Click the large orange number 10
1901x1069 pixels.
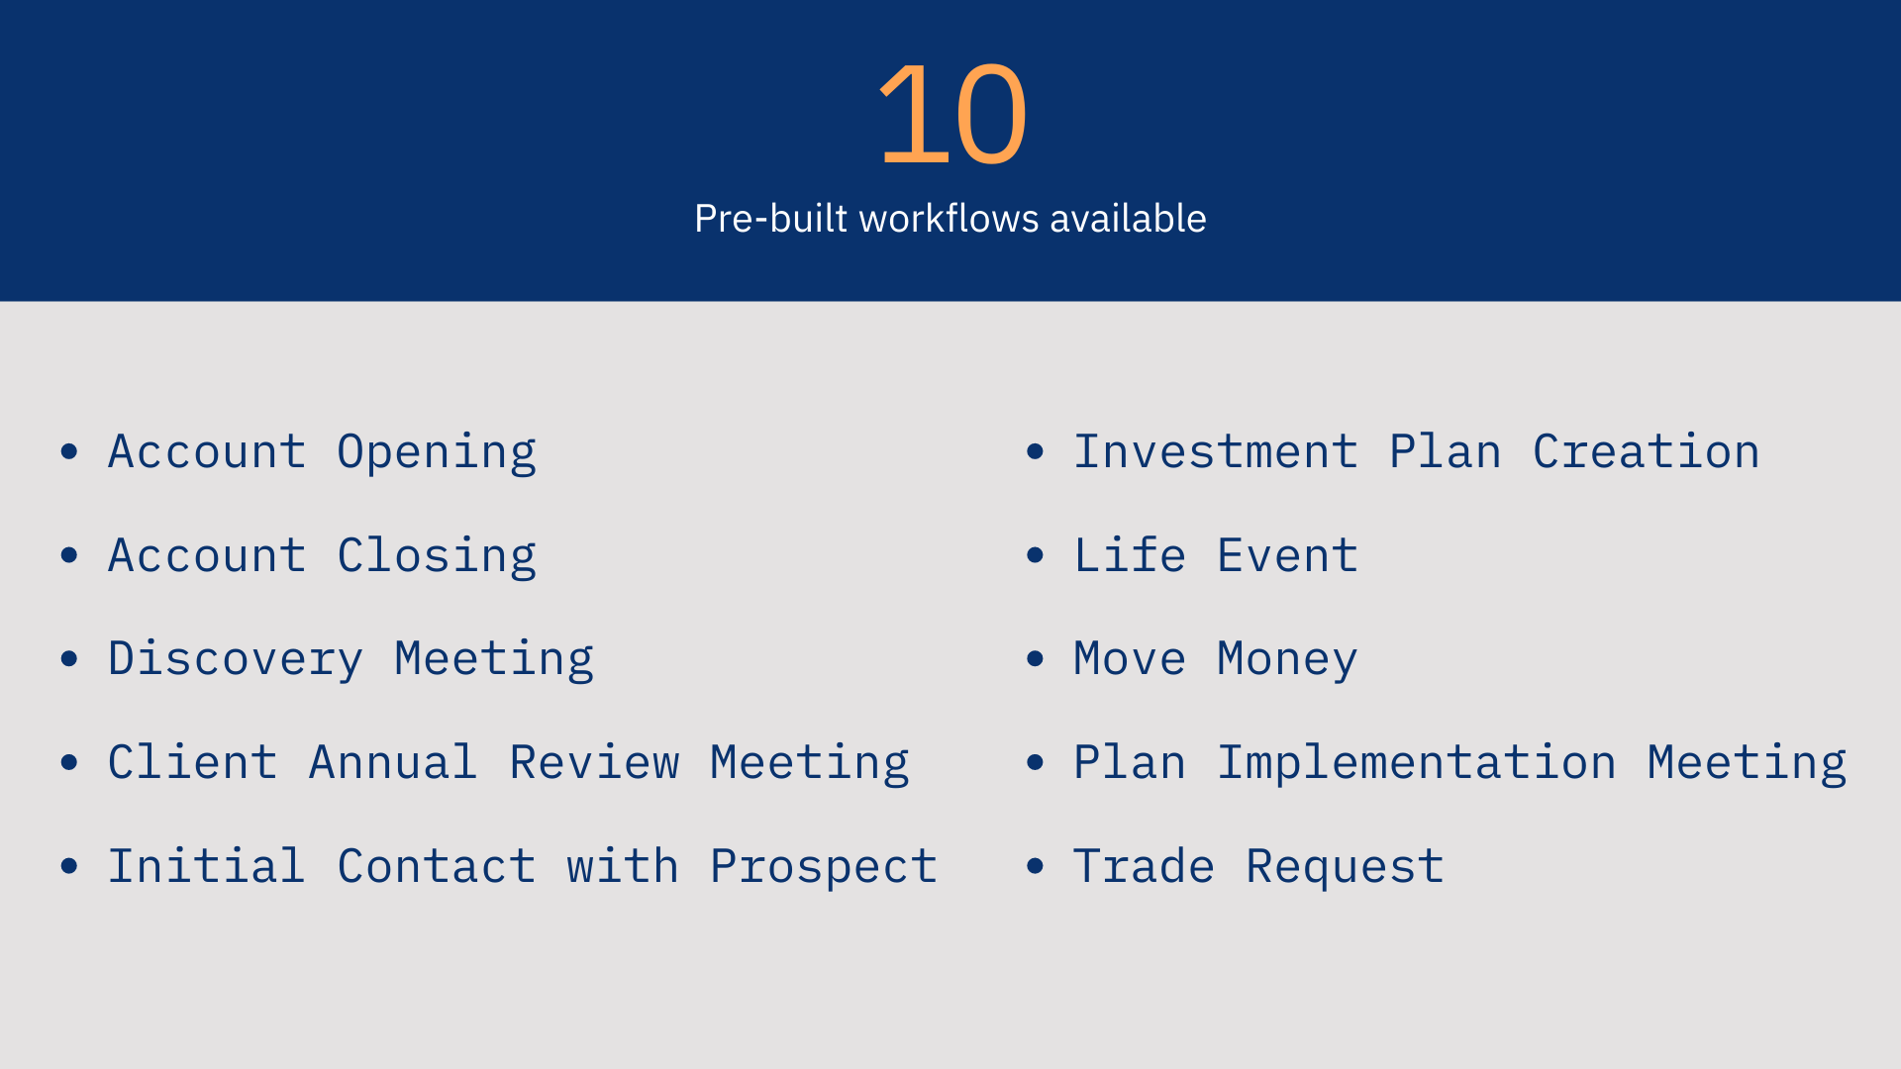coord(952,114)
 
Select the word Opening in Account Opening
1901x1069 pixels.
coord(437,453)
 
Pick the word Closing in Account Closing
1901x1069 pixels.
coord(437,555)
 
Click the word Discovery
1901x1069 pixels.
coord(236,660)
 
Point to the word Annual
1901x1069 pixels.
coord(393,762)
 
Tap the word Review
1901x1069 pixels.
coord(594,762)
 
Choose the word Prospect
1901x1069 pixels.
coord(824,868)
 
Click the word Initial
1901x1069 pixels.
coord(207,866)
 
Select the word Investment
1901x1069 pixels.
coord(1216,451)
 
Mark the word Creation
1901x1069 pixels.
coord(1647,451)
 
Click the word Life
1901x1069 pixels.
coord(1130,554)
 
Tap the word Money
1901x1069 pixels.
coord(1287,660)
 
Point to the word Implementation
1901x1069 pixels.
coord(1417,762)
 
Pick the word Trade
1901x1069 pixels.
coord(1144,866)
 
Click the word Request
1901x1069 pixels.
coord(1345,868)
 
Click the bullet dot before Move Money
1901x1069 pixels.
coord(1036,658)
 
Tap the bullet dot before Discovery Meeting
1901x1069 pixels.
coord(69,658)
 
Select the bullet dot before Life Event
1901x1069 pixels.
coord(1036,554)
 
